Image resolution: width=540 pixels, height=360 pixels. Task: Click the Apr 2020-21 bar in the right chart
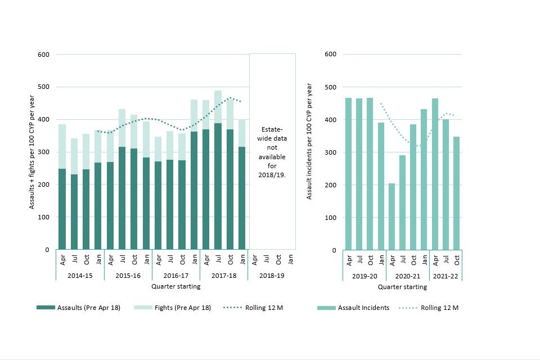pyautogui.click(x=392, y=217)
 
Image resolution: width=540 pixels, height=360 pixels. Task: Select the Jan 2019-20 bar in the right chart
pyautogui.click(x=381, y=186)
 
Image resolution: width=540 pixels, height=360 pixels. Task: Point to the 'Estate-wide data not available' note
pyautogui.click(x=272, y=152)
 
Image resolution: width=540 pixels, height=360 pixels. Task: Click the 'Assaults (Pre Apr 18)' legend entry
pyautogui.click(x=78, y=308)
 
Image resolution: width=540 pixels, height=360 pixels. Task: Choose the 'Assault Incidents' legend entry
pyautogui.click(x=353, y=308)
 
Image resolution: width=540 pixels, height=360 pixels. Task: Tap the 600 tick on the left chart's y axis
pyautogui.click(x=44, y=55)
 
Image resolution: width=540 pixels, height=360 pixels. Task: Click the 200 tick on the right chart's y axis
pyautogui.click(x=330, y=185)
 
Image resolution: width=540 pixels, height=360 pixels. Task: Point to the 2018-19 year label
pyautogui.click(x=272, y=276)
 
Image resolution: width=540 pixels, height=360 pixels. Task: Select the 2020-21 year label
pyautogui.click(x=408, y=276)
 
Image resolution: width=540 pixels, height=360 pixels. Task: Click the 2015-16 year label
pyautogui.click(x=128, y=276)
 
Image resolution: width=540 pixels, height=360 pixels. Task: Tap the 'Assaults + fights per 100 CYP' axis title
pyautogui.click(x=32, y=152)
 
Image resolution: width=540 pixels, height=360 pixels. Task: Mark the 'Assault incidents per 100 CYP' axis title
pyautogui.click(x=309, y=152)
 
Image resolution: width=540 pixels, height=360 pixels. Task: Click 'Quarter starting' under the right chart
pyautogui.click(x=402, y=287)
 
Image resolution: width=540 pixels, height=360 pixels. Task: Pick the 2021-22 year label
pyautogui.click(x=445, y=276)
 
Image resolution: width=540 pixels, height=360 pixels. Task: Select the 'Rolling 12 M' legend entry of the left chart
pyautogui.click(x=253, y=308)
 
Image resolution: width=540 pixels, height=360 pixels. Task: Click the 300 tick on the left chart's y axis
pyautogui.click(x=44, y=152)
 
